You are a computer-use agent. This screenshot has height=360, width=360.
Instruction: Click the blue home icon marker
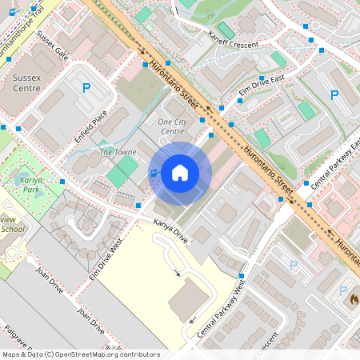click(x=180, y=173)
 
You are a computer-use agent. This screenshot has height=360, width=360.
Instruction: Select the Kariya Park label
click(x=31, y=186)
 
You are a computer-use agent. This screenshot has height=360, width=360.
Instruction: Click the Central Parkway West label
click(x=218, y=308)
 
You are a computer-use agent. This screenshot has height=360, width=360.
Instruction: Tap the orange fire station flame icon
click(x=352, y=297)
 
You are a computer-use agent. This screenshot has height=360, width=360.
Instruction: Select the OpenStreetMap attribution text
click(x=81, y=354)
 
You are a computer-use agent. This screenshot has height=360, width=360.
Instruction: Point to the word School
click(x=12, y=230)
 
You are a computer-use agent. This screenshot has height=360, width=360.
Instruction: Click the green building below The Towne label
click(x=122, y=172)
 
